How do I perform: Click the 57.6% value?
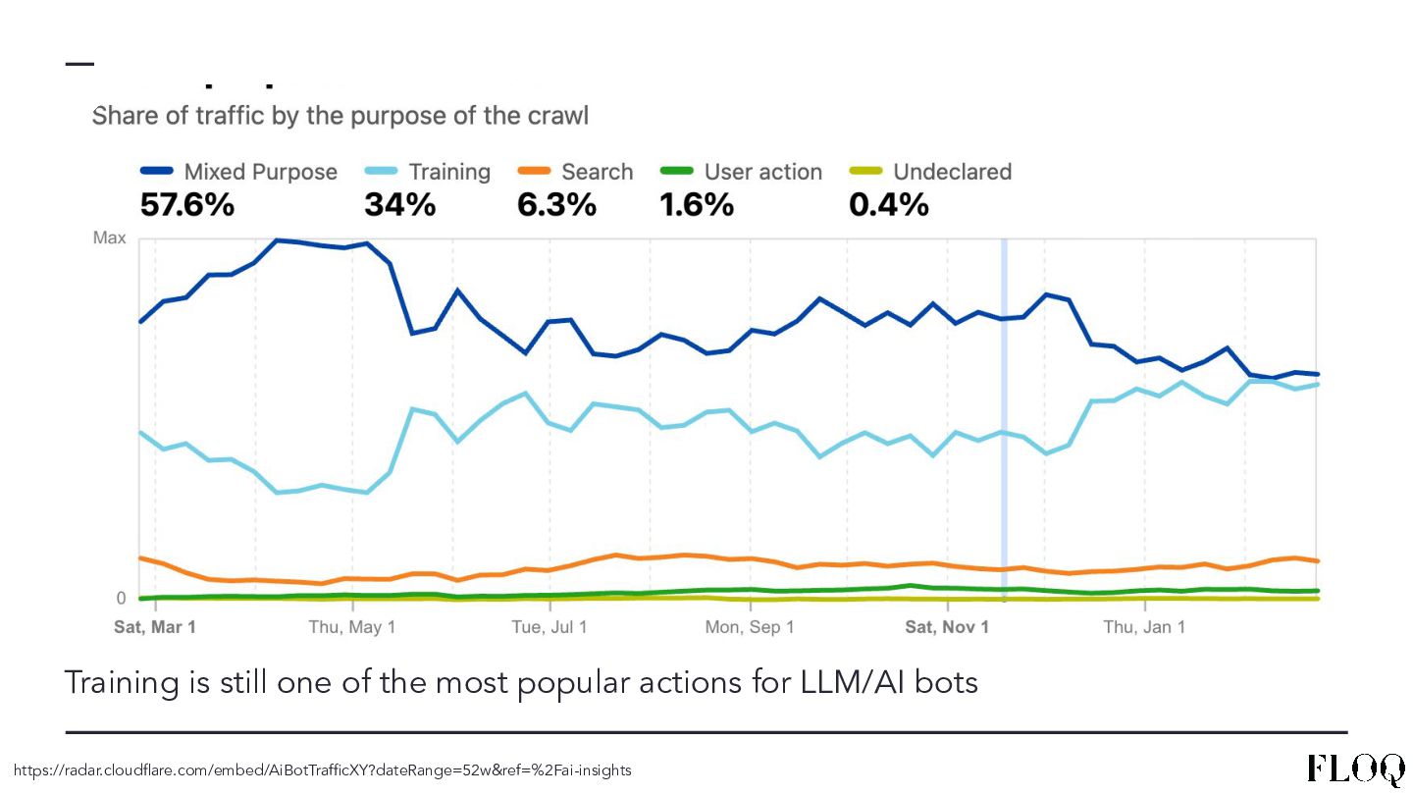(187, 204)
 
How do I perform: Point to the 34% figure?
(399, 204)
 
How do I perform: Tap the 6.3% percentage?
(556, 204)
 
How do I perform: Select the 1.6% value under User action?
(697, 204)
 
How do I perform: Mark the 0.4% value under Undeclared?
(888, 204)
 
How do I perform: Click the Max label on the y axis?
(109, 238)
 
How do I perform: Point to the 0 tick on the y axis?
(121, 598)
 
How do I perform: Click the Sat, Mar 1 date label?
(155, 626)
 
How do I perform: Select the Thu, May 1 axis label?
(351, 626)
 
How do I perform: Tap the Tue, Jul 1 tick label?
(549, 626)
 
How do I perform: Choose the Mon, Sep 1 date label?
(750, 626)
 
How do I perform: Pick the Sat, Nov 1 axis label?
(947, 626)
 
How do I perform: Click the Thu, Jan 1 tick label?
(1144, 626)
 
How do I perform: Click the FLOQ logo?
(1355, 768)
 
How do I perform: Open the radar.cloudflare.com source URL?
(323, 770)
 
